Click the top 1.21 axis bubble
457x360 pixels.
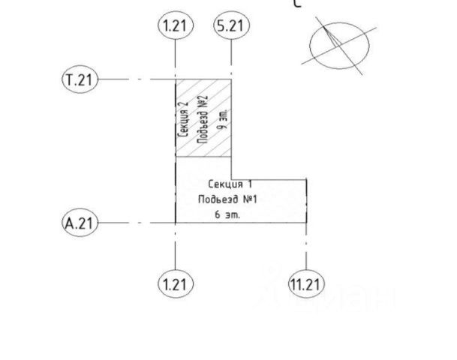click(176, 26)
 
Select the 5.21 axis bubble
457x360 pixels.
click(231, 26)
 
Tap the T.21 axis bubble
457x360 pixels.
click(80, 79)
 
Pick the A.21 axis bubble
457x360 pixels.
click(80, 223)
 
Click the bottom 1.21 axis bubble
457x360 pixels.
click(176, 284)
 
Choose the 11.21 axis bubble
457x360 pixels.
click(306, 284)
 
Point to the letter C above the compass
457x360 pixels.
click(298, 4)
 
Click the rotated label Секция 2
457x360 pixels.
click(185, 118)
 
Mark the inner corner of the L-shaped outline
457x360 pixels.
click(231, 179)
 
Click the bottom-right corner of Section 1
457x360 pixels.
click(306, 223)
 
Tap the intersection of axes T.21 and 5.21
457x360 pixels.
click(231, 79)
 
